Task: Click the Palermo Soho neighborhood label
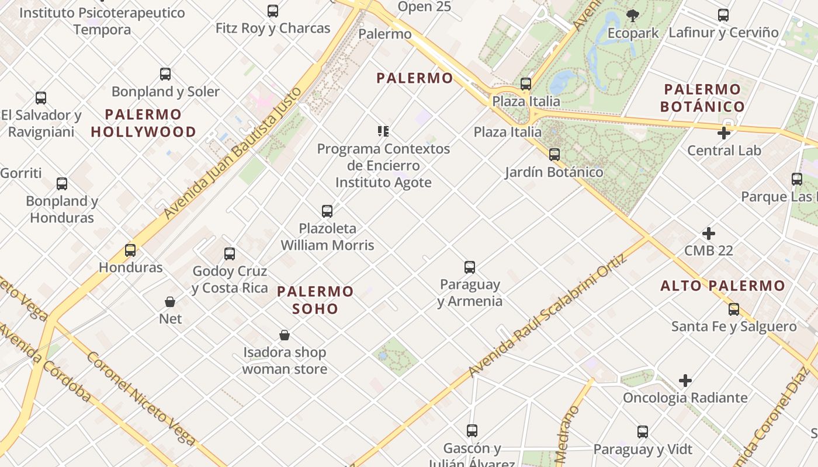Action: (x=316, y=300)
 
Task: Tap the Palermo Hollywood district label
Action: (x=144, y=123)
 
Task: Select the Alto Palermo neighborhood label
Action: (x=723, y=286)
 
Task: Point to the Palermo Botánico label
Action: (x=702, y=98)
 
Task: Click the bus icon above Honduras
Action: (x=130, y=250)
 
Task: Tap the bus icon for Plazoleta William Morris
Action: (x=327, y=211)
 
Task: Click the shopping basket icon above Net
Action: (x=170, y=302)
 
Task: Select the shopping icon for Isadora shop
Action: (x=285, y=335)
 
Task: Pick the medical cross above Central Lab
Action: (x=724, y=133)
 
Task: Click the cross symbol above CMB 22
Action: (x=709, y=233)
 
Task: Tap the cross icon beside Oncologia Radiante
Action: (x=685, y=381)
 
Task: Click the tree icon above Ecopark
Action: (x=632, y=16)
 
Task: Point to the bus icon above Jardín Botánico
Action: (x=554, y=155)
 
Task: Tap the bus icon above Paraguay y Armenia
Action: (x=470, y=267)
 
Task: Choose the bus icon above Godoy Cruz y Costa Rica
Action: (x=230, y=254)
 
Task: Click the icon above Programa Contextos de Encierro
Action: (x=383, y=131)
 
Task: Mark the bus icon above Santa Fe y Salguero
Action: (x=734, y=309)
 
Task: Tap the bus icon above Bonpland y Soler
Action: (x=165, y=74)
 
